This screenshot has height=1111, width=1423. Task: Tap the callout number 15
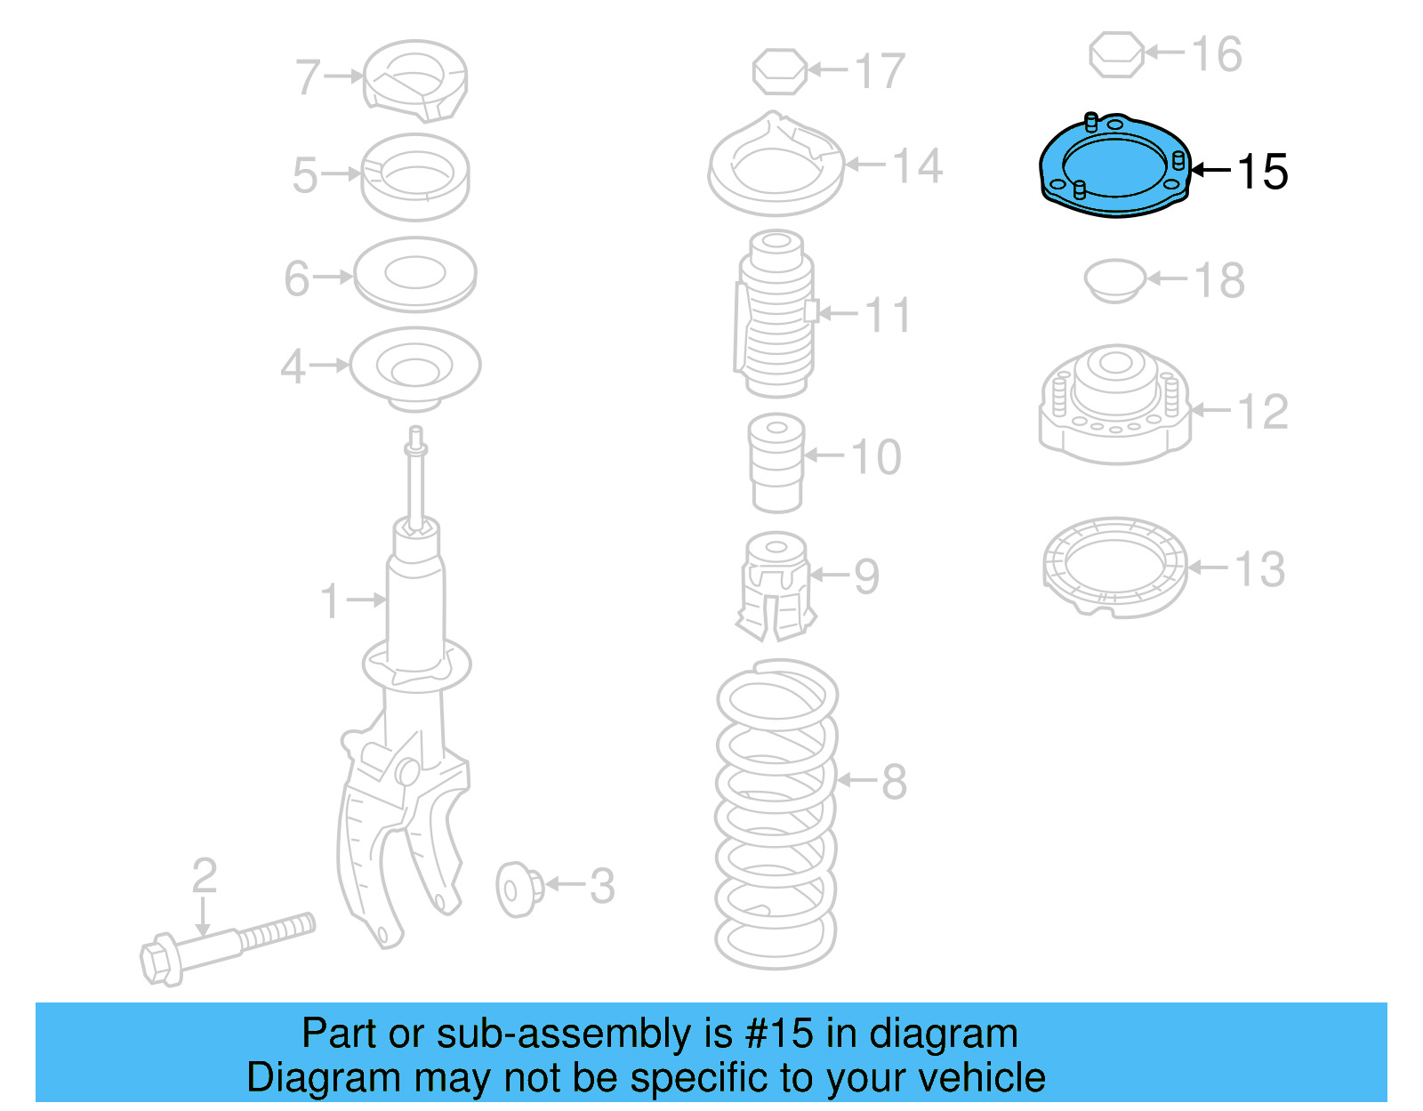1262,172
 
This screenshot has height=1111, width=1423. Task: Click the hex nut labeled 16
1116,54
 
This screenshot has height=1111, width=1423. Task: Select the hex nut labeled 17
779,71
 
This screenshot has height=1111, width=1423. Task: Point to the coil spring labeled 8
776,814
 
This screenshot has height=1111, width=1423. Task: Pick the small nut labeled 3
519,889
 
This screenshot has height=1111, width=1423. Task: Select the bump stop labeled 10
776,463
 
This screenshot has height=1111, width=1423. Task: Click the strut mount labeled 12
1114,405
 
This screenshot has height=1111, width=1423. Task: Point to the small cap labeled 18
1113,280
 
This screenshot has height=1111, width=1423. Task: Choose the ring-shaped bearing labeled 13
1114,568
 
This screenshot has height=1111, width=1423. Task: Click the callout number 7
308,77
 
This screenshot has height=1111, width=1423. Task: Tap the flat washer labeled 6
414,274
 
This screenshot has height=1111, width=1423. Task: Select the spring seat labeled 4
414,367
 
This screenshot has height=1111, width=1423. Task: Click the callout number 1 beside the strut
330,601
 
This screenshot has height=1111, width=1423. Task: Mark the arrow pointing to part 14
865,165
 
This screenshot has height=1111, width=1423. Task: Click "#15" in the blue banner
779,1034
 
